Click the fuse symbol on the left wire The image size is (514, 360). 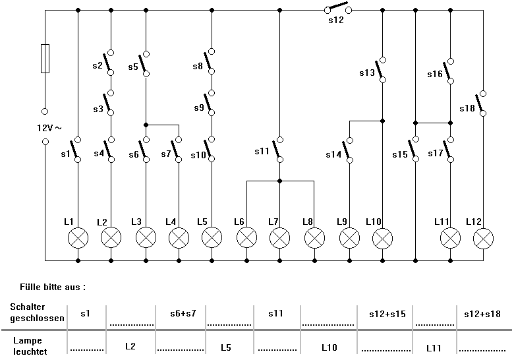[45, 58]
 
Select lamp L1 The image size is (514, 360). [78, 238]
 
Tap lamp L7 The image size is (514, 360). [279, 238]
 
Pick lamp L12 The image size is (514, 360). [483, 238]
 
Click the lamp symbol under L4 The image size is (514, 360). [179, 238]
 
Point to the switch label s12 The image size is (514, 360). [336, 20]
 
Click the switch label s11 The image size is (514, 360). [262, 152]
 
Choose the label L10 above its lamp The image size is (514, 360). [373, 222]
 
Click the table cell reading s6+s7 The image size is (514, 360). [181, 314]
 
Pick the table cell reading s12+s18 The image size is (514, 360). [482, 314]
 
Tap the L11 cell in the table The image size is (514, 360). [434, 345]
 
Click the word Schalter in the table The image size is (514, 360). [26, 307]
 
